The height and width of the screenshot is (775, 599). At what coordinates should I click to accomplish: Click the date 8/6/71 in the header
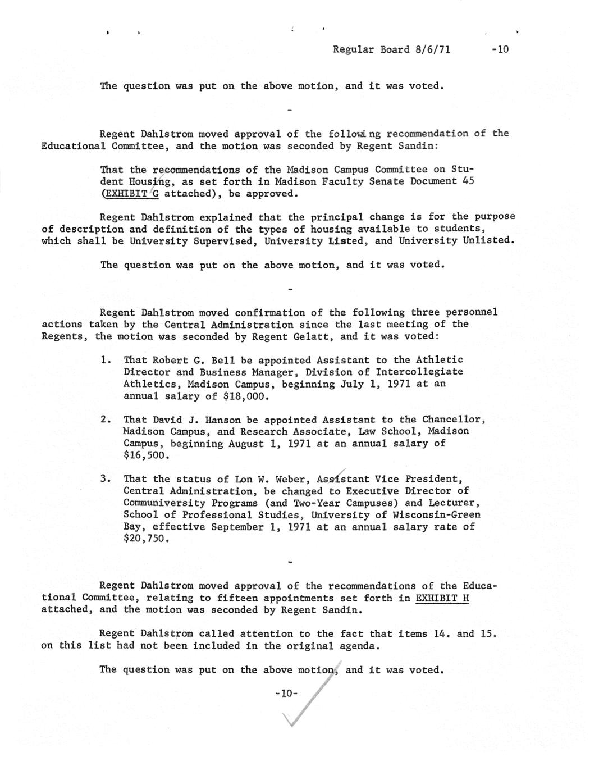[433, 49]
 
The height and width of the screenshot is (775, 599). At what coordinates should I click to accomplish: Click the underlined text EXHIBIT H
[442, 598]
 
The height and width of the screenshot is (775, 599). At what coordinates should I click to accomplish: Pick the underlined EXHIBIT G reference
[129, 194]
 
